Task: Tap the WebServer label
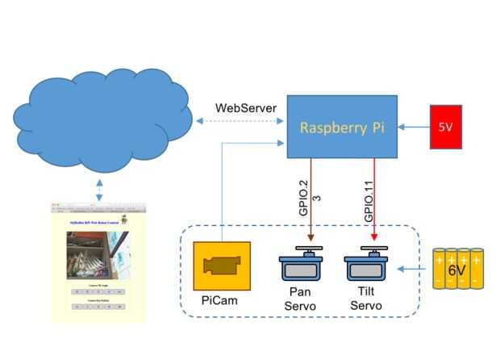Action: coord(246,108)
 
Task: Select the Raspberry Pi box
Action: coord(343,127)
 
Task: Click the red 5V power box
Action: coord(445,127)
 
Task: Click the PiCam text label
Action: coord(220,301)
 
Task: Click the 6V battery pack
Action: coord(456,268)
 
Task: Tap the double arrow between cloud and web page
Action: coord(98,190)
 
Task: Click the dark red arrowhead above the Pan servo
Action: coord(310,238)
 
